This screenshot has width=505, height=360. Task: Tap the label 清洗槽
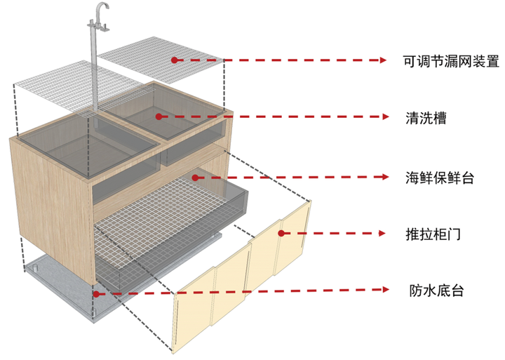(426, 117)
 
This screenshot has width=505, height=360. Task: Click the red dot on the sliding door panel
(281, 233)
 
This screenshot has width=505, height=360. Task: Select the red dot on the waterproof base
(97, 293)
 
